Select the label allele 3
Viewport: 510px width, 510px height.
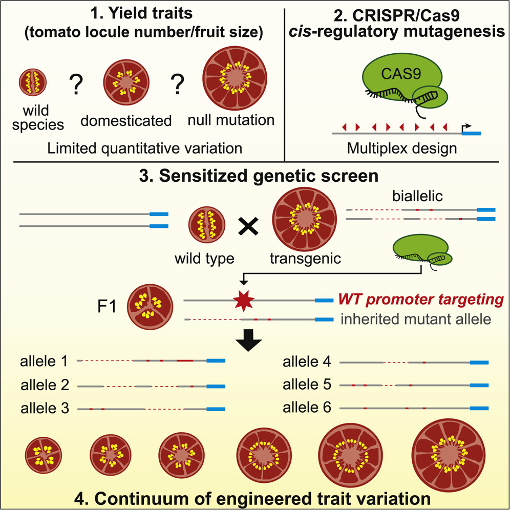click(45, 409)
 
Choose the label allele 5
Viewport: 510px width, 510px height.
click(307, 385)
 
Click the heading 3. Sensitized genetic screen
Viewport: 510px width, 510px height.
click(254, 177)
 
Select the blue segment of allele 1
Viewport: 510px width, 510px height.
click(216, 361)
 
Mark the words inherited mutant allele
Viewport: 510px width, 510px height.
click(416, 320)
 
